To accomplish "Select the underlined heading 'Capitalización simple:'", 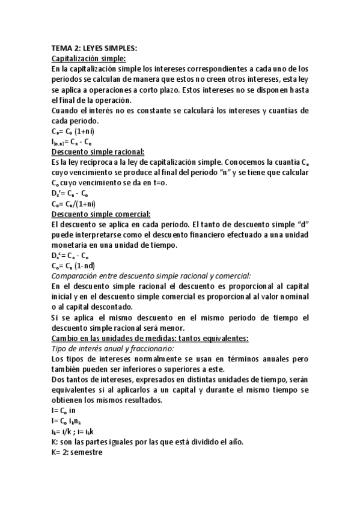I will [88, 58].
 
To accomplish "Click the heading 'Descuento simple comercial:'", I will [101, 214].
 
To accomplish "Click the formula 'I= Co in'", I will [64, 410].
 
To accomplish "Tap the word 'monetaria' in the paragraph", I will [71, 245].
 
